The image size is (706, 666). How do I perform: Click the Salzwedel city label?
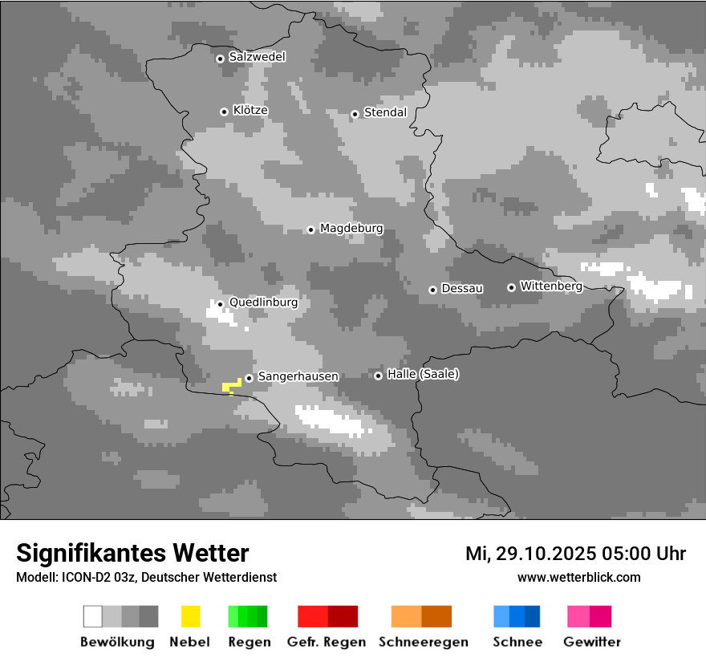tap(257, 57)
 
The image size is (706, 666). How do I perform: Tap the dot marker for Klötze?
tap(224, 112)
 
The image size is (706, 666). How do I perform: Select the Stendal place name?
tap(385, 112)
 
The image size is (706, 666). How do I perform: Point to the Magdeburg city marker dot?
tap(310, 229)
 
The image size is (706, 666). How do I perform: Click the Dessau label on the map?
tap(462, 288)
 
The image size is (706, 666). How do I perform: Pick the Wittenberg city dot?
tap(511, 287)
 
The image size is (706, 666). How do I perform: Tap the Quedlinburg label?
tap(263, 303)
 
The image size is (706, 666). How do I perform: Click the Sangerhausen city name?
tap(298, 376)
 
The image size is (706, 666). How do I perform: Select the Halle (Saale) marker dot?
tap(378, 376)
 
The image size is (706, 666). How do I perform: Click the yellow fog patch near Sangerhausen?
tap(232, 386)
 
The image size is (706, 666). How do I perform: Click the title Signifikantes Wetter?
tap(132, 553)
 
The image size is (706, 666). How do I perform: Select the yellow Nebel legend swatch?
tap(190, 616)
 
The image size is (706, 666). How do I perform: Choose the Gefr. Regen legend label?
tap(327, 642)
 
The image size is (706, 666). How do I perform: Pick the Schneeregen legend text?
tap(424, 642)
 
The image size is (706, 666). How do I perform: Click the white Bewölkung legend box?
tap(92, 616)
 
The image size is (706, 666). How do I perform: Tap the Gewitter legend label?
tap(592, 642)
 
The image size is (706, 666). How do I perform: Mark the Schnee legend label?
tap(517, 642)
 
